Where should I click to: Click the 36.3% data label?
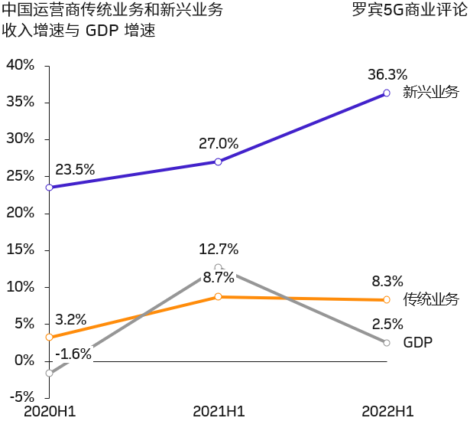(387, 74)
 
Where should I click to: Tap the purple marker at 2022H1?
(387, 93)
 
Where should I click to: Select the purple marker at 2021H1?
(219, 162)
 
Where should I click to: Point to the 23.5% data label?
(75, 170)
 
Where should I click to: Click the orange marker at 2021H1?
(219, 296)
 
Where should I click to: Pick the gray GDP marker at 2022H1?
(387, 342)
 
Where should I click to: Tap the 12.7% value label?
(219, 249)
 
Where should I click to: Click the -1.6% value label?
(73, 354)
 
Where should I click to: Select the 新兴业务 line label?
(431, 93)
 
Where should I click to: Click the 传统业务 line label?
(431, 299)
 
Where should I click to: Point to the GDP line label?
(418, 342)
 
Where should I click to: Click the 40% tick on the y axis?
(21, 65)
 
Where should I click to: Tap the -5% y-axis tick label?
(21, 397)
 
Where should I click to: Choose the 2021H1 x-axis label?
(219, 412)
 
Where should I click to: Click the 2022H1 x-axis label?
(387, 412)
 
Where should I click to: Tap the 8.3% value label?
(387, 281)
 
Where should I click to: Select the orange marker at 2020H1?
(50, 337)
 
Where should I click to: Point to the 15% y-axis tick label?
(21, 250)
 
